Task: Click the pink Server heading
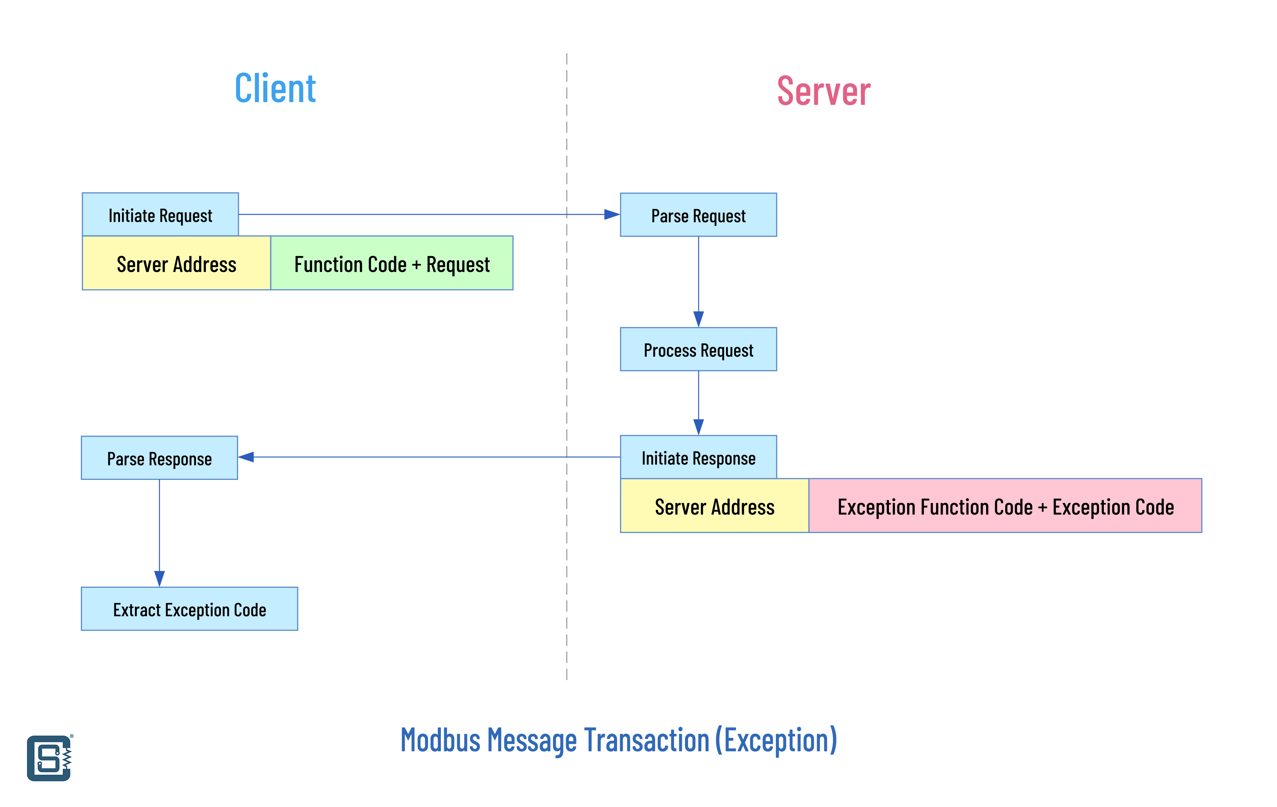(x=824, y=91)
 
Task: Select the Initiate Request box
(x=160, y=214)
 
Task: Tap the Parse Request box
(x=698, y=215)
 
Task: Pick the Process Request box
(x=698, y=349)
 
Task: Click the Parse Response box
(x=159, y=458)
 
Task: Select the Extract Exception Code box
(x=189, y=609)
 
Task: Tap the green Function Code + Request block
(x=392, y=263)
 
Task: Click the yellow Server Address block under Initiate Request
(x=177, y=263)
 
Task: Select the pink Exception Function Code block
(x=1005, y=506)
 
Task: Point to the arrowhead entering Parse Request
(x=612, y=214)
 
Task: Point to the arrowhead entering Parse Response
(x=246, y=457)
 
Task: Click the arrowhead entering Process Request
(x=698, y=320)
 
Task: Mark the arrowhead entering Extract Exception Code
(x=159, y=579)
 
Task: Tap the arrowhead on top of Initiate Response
(x=698, y=427)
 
